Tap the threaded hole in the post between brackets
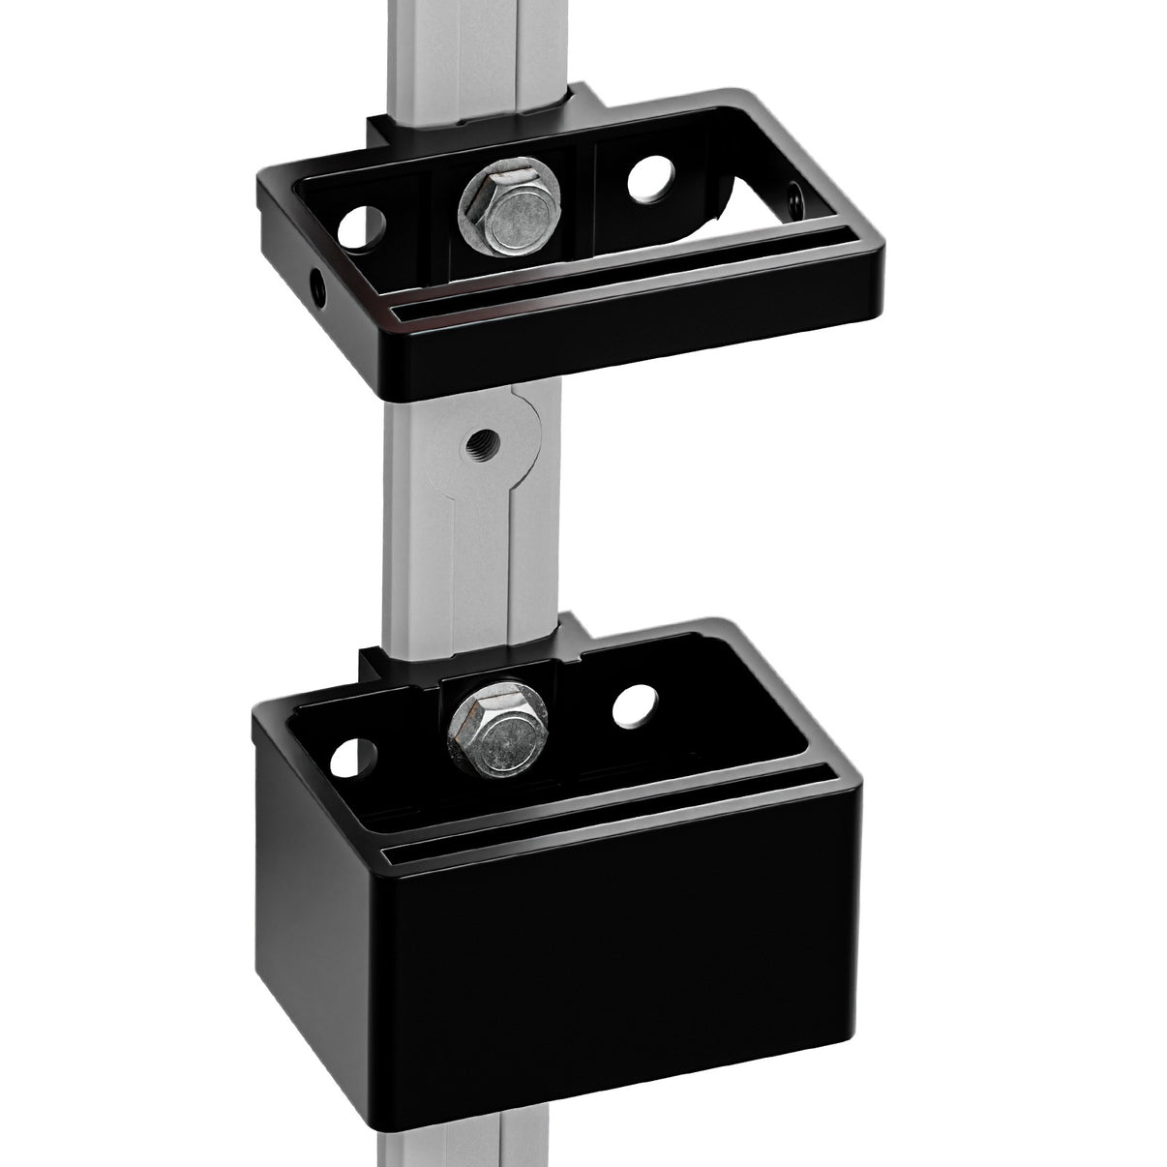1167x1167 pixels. click(x=477, y=447)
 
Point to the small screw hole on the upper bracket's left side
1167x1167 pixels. click(x=316, y=284)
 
